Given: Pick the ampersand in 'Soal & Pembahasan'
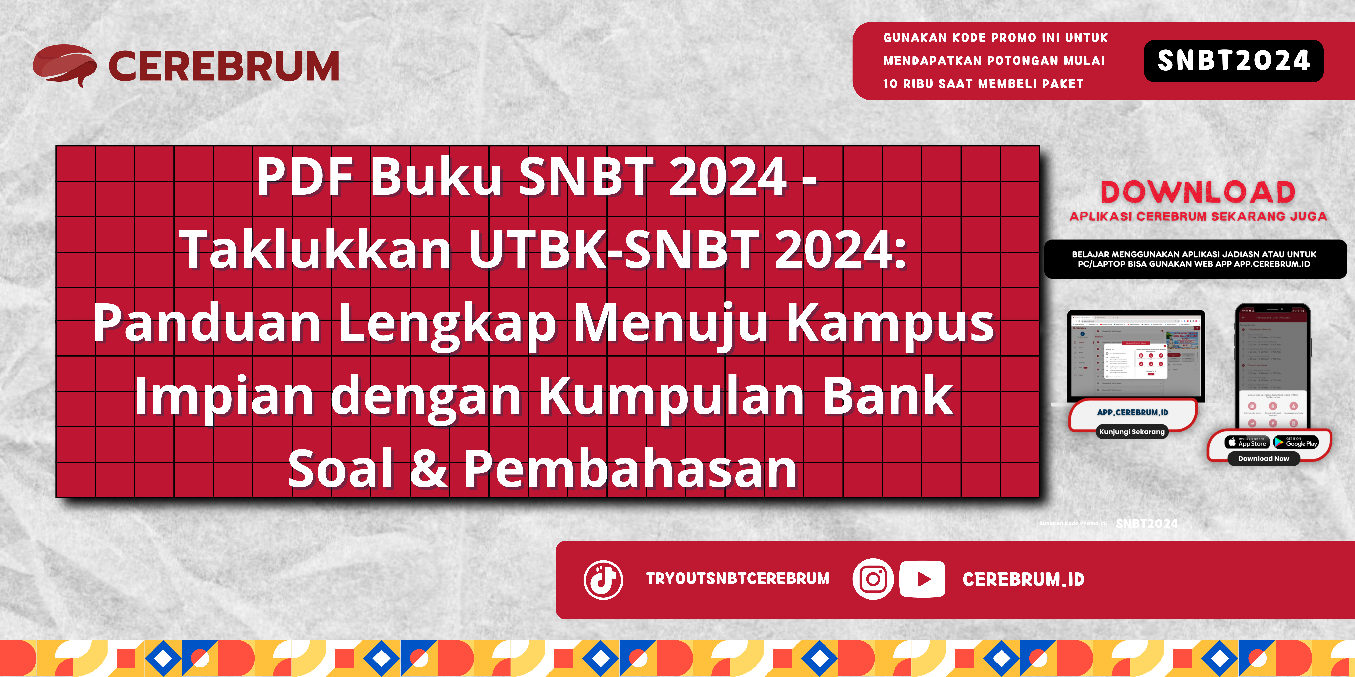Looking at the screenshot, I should [429, 468].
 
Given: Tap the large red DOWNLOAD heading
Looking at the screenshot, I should [1198, 192].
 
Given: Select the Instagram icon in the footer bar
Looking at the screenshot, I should [873, 579].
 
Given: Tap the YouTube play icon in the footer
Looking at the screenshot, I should [922, 579].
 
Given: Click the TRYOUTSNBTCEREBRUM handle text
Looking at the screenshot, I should [737, 579].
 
